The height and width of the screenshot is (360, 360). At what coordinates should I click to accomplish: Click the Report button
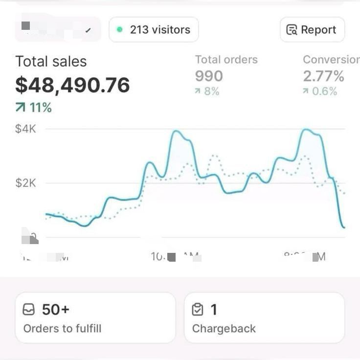pos(312,30)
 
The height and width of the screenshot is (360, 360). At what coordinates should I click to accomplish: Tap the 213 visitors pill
pos(154,30)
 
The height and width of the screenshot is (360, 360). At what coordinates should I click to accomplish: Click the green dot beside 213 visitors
pos(119,30)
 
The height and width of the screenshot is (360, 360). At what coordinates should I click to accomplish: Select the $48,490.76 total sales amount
pos(72,85)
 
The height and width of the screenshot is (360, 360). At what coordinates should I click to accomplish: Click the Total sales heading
pos(51,62)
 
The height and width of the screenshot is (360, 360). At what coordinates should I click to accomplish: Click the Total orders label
pos(226,60)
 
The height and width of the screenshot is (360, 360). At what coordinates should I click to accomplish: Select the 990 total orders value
pos(209,76)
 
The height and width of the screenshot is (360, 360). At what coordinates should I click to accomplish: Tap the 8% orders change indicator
pos(207,91)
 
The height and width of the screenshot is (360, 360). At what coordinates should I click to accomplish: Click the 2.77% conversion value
pos(323,76)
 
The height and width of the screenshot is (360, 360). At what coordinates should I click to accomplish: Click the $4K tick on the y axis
pos(26,129)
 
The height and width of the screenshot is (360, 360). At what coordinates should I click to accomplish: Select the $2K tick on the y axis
pos(26,183)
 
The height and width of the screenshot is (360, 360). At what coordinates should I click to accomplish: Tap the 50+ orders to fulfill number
pos(56,310)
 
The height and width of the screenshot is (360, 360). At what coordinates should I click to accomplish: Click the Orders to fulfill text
pos(62,328)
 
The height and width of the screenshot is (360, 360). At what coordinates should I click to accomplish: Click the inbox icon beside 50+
pos(29,310)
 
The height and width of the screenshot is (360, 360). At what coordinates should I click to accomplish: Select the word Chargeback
pos(224,328)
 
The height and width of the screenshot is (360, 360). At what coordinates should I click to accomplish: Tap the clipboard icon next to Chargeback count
pos(198,310)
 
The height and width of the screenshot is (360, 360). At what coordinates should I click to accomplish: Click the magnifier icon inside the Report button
pos(292,30)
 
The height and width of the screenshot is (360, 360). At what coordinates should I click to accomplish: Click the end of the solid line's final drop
pos(344,227)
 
